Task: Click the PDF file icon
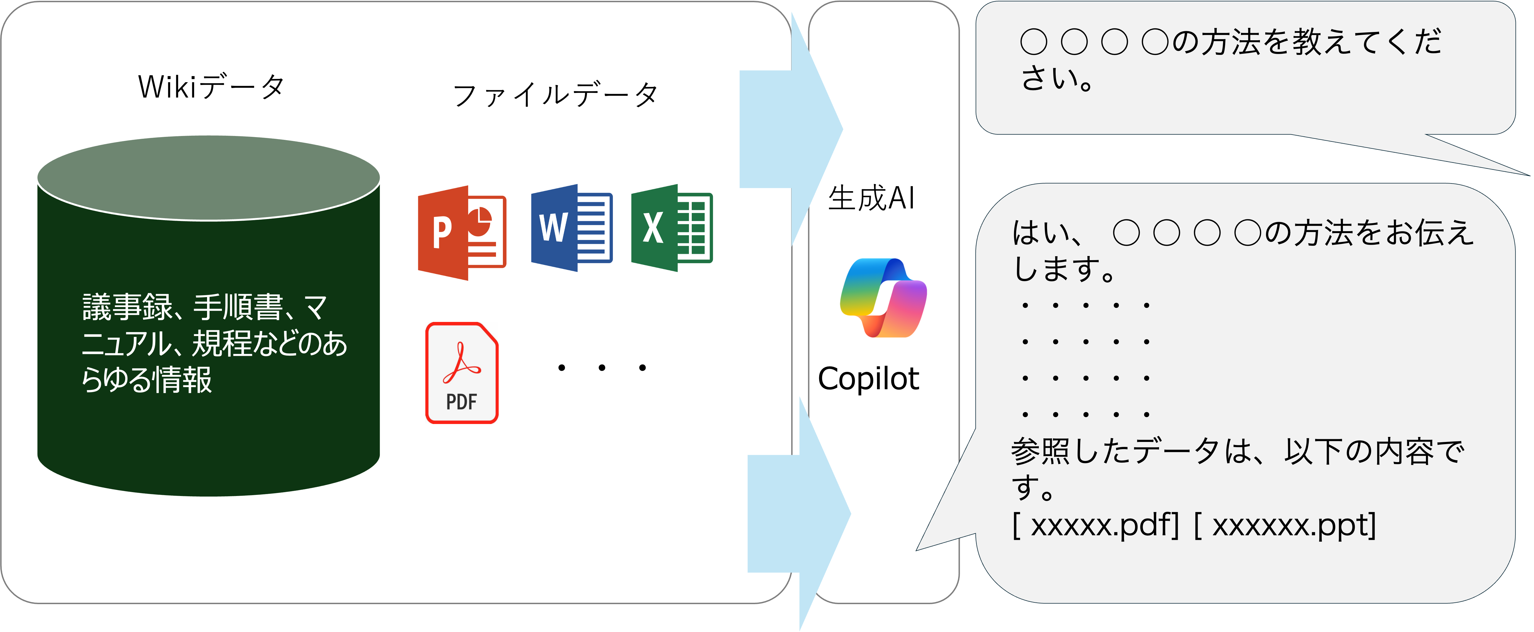click(x=462, y=373)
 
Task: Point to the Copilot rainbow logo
click(x=883, y=298)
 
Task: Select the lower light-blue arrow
click(x=798, y=513)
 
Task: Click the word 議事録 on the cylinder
click(x=127, y=307)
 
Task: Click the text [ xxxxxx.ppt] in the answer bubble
click(x=1285, y=525)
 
